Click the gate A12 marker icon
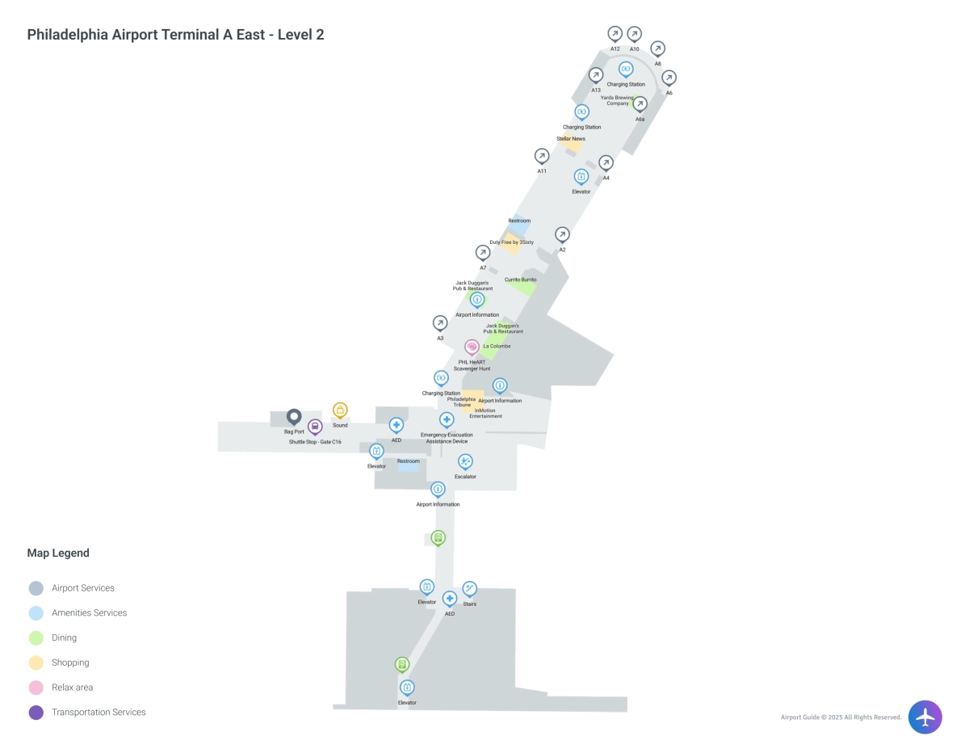tap(615, 34)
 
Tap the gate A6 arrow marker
tap(669, 78)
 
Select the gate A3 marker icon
tap(440, 323)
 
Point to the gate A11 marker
tap(542, 156)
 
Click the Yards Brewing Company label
tap(618, 100)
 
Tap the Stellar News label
tap(571, 139)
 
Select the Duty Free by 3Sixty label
tap(512, 242)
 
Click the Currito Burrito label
tap(521, 280)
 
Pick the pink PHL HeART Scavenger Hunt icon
tap(472, 347)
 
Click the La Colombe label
tap(497, 347)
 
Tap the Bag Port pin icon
tap(294, 417)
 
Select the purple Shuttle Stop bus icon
tap(315, 427)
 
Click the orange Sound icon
tap(340, 410)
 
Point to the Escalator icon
tap(465, 461)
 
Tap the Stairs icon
tap(469, 588)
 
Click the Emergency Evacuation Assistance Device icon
tap(447, 419)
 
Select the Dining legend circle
tap(36, 637)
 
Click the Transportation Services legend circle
tap(36, 712)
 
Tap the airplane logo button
tap(925, 717)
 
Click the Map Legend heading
tap(58, 553)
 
